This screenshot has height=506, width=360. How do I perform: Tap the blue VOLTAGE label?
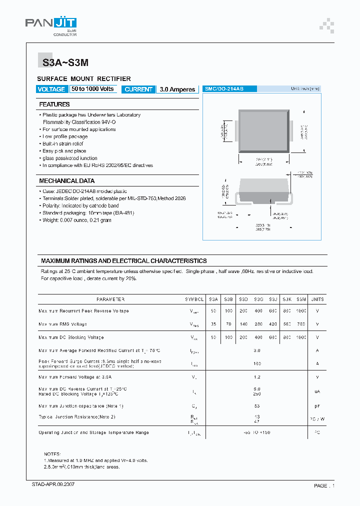pos(51,89)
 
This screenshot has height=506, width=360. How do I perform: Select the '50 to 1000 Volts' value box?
pos(92,89)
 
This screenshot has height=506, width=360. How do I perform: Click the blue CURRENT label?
pos(138,89)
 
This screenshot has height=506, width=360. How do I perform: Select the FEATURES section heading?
pos(54,104)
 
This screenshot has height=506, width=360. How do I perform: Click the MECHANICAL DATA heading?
pos(67,181)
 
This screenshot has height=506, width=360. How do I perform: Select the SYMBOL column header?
pos(194,299)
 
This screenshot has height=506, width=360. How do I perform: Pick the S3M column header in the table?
pos(301,299)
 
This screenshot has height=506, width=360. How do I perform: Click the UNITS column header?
pos(317,299)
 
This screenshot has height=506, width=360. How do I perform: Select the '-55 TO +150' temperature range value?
pos(257,432)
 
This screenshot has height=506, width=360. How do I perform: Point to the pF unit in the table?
pos(317,406)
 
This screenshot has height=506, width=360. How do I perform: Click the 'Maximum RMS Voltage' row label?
pos(62,324)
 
